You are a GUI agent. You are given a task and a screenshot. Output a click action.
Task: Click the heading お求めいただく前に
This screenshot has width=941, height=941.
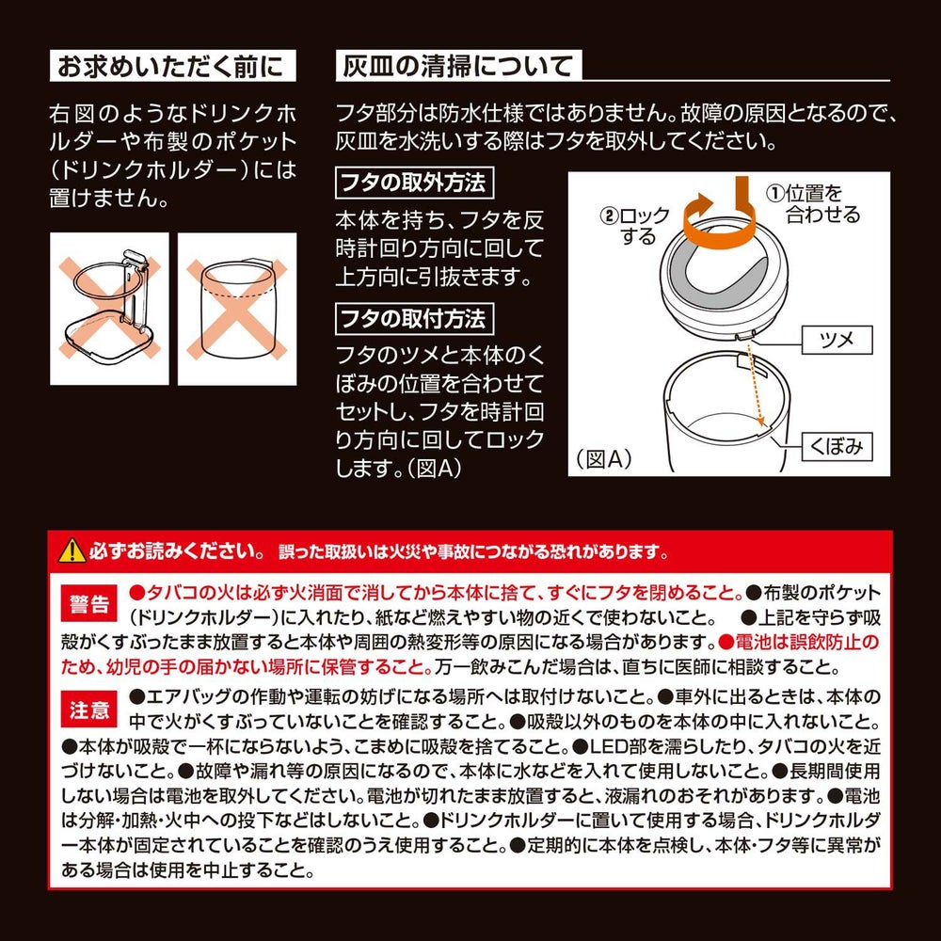point(172,66)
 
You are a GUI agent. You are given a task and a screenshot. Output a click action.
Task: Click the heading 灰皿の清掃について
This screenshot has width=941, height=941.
point(458,66)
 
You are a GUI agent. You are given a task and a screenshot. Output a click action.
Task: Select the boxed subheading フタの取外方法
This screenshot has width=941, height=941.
point(414,183)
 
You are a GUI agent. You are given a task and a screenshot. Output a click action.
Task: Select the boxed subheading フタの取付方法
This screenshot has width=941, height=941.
point(414,319)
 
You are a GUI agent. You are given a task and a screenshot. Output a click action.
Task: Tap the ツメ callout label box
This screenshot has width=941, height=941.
point(837,341)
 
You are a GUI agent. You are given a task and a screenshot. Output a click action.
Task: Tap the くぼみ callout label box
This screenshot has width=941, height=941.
point(837,446)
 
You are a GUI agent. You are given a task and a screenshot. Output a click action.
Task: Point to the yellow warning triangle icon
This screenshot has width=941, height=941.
point(72,550)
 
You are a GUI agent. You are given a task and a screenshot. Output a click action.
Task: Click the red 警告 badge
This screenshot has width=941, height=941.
point(88,604)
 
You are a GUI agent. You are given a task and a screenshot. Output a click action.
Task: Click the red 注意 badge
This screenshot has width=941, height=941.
point(88,710)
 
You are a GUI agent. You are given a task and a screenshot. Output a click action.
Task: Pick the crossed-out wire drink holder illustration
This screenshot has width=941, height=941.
point(109,309)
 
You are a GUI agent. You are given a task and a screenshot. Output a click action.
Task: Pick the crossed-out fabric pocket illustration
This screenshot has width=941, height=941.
point(237,309)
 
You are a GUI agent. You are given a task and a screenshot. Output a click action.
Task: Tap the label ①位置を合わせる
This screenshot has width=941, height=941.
point(813,203)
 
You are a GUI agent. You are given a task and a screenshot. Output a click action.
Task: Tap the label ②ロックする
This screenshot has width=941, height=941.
point(635,226)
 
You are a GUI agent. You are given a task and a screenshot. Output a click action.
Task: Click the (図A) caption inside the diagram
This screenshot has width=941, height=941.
point(604,459)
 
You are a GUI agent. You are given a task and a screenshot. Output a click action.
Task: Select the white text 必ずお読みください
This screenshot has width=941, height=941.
point(175,550)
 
